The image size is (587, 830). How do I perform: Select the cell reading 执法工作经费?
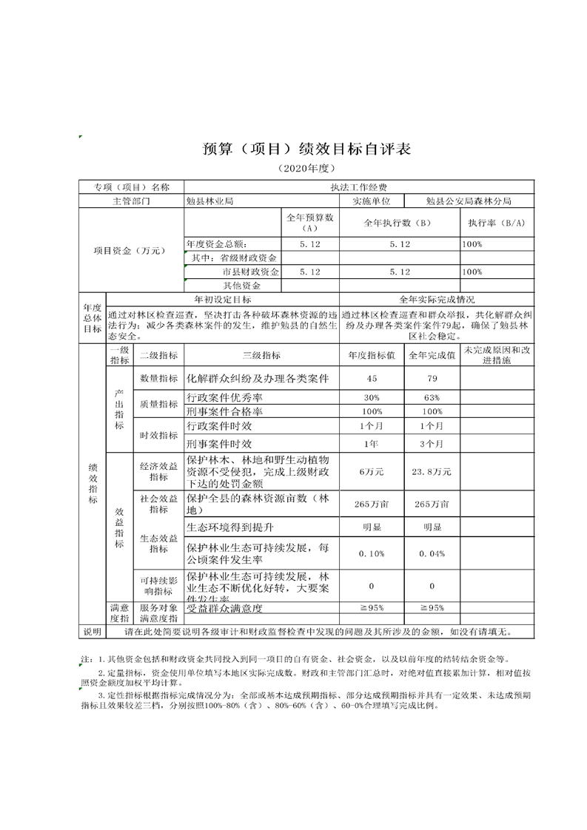point(358,188)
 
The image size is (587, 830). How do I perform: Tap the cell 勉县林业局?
point(210,200)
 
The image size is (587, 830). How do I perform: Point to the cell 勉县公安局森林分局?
point(469,200)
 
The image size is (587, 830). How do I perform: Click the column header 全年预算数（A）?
point(310,223)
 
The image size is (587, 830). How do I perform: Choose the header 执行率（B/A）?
point(496,223)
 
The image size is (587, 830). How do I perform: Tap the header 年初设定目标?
point(222,300)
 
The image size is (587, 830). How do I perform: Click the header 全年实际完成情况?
point(437,300)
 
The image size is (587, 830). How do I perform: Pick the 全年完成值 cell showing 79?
point(432,379)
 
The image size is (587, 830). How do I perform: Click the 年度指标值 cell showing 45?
point(372,379)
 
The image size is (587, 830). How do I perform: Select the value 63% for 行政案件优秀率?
point(432,399)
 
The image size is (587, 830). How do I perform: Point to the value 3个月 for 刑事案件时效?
point(432,444)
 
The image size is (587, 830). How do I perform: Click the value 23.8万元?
point(432,472)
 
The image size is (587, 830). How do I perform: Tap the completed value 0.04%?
point(432,554)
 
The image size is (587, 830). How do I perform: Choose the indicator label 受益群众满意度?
point(225,608)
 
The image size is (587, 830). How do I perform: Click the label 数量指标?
point(158,379)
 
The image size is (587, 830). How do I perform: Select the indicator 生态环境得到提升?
point(230,527)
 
